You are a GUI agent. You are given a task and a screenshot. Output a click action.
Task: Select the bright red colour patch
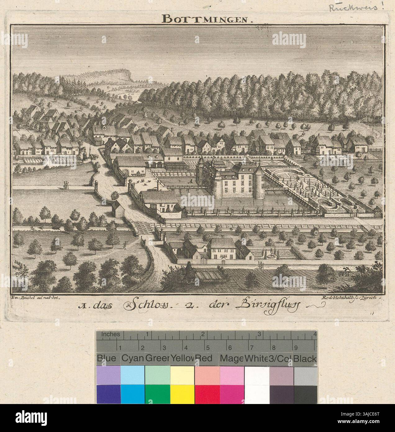click(x=207, y=394)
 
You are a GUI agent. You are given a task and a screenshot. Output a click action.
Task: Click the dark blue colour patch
click(x=108, y=394)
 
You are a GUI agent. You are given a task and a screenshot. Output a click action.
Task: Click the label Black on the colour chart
click(x=305, y=359)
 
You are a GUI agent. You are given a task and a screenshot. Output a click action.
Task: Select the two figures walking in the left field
click(x=66, y=184)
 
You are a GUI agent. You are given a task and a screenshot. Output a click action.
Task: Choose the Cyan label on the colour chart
click(x=133, y=359)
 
